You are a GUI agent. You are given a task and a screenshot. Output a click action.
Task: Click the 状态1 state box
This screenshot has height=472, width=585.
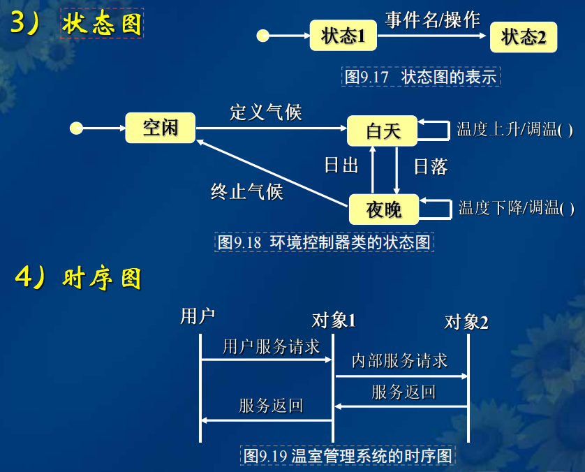tap(343, 36)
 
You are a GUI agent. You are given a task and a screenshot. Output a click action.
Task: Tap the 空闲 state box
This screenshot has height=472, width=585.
tap(161, 128)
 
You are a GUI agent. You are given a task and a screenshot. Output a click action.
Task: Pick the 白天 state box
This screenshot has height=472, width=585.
tap(383, 131)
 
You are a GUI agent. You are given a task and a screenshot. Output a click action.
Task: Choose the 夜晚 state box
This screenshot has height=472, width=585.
tap(383, 208)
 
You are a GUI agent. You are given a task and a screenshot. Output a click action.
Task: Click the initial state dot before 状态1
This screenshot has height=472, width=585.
tap(263, 36)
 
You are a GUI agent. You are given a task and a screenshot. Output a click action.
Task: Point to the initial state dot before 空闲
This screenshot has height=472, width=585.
tap(77, 128)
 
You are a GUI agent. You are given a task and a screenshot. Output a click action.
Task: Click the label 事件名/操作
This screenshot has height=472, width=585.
tap(433, 20)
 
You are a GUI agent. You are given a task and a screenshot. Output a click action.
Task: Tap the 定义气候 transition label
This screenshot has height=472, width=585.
tap(266, 112)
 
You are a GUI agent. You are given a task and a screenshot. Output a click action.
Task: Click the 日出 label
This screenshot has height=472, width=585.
tap(341, 165)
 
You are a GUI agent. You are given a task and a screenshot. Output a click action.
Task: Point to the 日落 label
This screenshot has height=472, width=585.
tap(431, 166)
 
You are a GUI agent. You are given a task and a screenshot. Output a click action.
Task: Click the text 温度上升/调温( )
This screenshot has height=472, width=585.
tap(515, 129)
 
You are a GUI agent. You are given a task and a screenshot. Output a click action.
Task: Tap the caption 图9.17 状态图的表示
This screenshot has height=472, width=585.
tap(421, 76)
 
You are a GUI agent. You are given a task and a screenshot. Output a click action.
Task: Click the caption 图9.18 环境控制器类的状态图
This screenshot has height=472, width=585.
tap(325, 242)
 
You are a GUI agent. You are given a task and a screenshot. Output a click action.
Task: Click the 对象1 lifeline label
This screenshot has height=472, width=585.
tap(334, 320)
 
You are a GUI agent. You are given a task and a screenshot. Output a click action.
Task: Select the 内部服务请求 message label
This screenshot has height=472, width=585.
tap(399, 360)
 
